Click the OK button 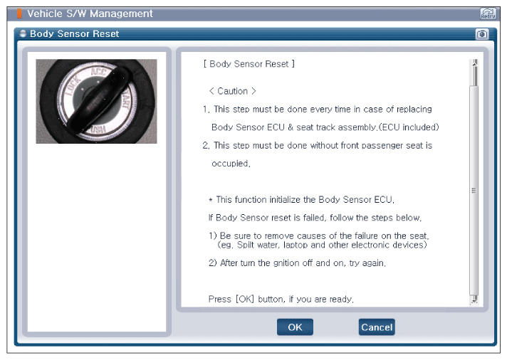point(295,327)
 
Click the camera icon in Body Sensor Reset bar point(482,34)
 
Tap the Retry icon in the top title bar point(488,14)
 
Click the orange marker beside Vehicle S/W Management point(19,14)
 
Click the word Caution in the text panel point(232,91)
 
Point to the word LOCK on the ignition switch point(72,86)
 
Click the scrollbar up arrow point(474,63)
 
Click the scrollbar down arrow point(474,300)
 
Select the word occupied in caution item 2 point(230,164)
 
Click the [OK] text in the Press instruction point(245,299)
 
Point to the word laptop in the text point(296,245)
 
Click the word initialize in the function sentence point(285,200)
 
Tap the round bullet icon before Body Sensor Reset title point(23,33)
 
